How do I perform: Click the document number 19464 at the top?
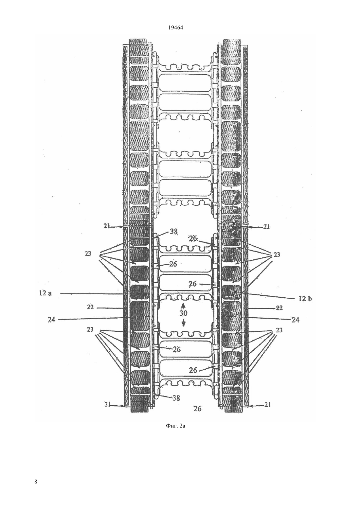[175, 28]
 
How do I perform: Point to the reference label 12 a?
[46, 293]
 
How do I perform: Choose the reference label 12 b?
[305, 299]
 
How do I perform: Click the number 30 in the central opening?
[183, 313]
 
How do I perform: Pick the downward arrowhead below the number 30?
[184, 324]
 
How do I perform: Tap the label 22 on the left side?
[90, 307]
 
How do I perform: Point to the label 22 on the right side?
[279, 308]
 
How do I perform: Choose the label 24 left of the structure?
[51, 320]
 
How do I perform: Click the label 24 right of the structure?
[296, 320]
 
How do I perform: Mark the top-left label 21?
[107, 226]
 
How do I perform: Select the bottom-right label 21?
[267, 404]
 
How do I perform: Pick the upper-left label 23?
[88, 254]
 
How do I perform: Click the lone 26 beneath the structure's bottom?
[197, 409]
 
